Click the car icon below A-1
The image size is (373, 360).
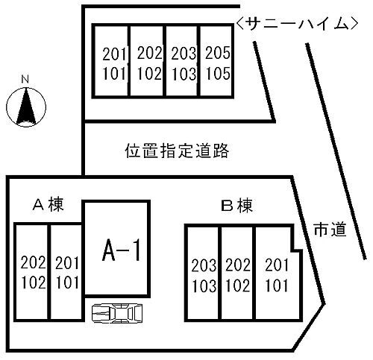click(x=117, y=313)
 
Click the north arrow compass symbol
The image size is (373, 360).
click(x=26, y=107)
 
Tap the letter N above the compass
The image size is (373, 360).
click(x=25, y=79)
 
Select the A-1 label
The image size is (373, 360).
click(x=122, y=250)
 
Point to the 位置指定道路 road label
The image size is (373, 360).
click(x=177, y=151)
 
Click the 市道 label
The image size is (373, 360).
click(x=330, y=230)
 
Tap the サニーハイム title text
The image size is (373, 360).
click(x=297, y=24)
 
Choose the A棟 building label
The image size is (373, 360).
click(x=48, y=204)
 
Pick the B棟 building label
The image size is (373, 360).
click(x=237, y=206)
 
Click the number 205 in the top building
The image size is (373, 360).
click(x=217, y=53)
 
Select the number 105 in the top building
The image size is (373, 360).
click(x=218, y=73)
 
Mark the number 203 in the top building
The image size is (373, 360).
click(x=184, y=54)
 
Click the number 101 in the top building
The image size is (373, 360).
click(x=114, y=74)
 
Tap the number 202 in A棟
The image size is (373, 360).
click(x=33, y=262)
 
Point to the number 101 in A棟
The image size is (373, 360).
click(x=67, y=282)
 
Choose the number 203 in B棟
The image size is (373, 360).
click(x=204, y=265)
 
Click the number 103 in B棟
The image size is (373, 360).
click(x=204, y=285)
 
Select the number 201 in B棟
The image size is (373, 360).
click(x=277, y=265)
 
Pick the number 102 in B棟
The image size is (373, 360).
click(x=238, y=285)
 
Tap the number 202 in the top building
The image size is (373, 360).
click(x=150, y=53)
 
